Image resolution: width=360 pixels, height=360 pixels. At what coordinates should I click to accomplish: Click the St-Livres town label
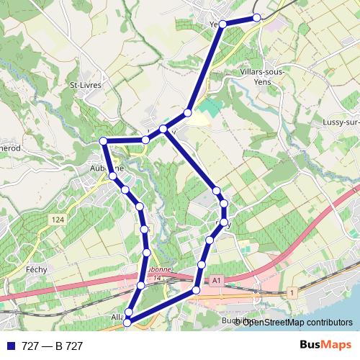click(x=85, y=85)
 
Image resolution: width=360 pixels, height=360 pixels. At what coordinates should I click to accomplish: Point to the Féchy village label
click(x=36, y=269)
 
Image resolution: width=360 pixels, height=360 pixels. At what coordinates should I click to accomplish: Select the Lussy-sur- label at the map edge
click(x=343, y=122)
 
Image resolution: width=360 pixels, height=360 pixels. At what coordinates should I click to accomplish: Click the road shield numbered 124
click(x=58, y=219)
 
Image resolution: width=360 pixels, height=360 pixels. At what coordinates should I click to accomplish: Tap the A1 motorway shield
click(x=215, y=279)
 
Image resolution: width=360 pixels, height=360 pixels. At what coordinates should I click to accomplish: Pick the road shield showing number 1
click(x=292, y=292)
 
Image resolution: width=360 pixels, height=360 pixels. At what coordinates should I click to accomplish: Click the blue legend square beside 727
click(x=9, y=346)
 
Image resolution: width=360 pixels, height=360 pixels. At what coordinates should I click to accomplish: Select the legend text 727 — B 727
click(x=53, y=346)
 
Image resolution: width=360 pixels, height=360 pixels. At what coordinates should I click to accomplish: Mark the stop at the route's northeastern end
click(x=257, y=18)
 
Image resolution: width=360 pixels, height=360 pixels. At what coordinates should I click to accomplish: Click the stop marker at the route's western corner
click(x=103, y=140)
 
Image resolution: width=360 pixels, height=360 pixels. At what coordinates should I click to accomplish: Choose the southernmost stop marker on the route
click(x=127, y=323)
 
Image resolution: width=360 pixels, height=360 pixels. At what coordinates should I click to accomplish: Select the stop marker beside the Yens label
click(x=222, y=24)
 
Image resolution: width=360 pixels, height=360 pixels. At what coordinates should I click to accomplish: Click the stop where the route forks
click(x=163, y=129)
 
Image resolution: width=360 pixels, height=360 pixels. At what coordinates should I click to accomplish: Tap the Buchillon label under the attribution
click(x=235, y=321)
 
